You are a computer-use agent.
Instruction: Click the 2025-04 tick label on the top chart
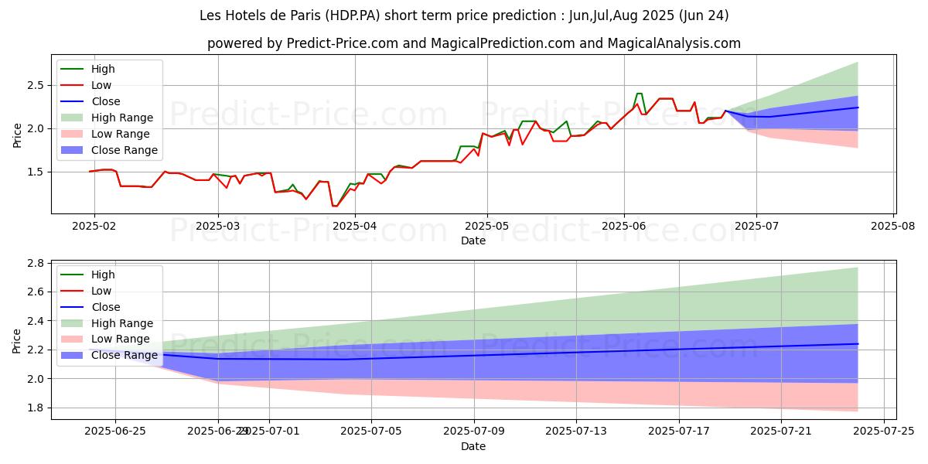(x=355, y=225)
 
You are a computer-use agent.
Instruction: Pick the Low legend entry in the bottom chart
(x=101, y=291)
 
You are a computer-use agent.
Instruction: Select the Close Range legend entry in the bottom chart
(x=124, y=356)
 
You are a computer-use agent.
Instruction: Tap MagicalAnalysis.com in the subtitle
(x=674, y=43)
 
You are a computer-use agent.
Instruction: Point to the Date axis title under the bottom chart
(x=473, y=446)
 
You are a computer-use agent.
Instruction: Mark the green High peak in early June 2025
(x=639, y=94)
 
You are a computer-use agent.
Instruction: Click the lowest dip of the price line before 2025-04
(x=334, y=206)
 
